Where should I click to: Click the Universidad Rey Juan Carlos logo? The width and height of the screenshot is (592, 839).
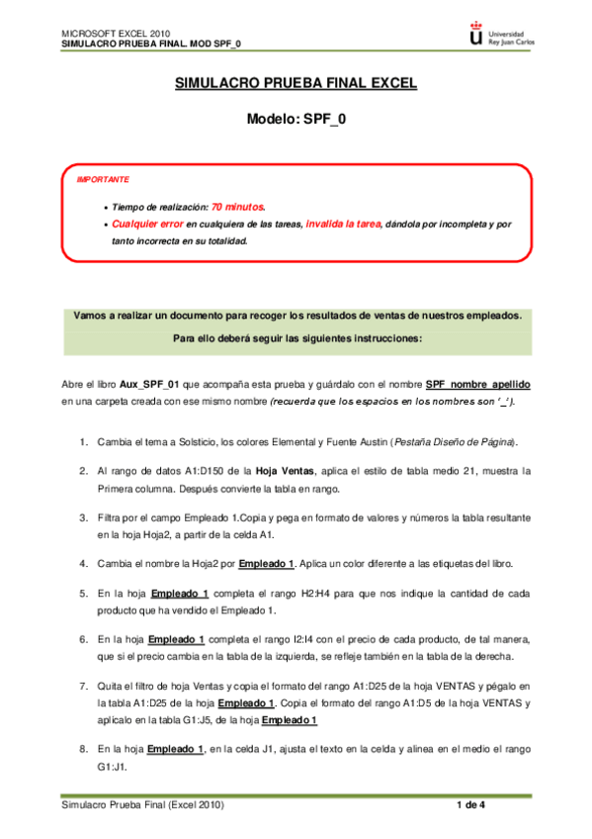tap(500, 36)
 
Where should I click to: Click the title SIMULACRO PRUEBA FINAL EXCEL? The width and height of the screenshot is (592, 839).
tap(296, 86)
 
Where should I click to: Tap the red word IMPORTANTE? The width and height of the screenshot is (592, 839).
tap(103, 180)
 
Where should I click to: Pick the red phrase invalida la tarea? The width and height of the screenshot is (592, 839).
tap(344, 225)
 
